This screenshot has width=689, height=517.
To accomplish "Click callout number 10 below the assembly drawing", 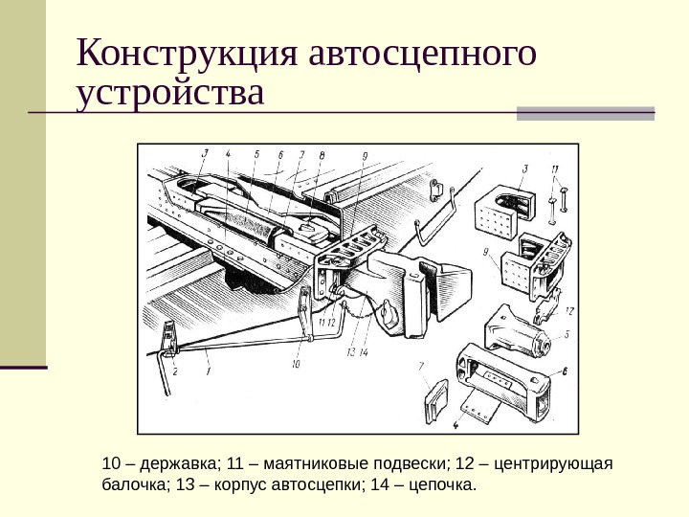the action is [296, 363].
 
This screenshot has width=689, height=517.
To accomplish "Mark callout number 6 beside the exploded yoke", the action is [565, 371].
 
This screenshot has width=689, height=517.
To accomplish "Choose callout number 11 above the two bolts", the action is [556, 172].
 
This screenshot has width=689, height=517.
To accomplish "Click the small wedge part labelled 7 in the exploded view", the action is [434, 402].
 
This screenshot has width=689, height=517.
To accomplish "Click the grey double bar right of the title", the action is [586, 112].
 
